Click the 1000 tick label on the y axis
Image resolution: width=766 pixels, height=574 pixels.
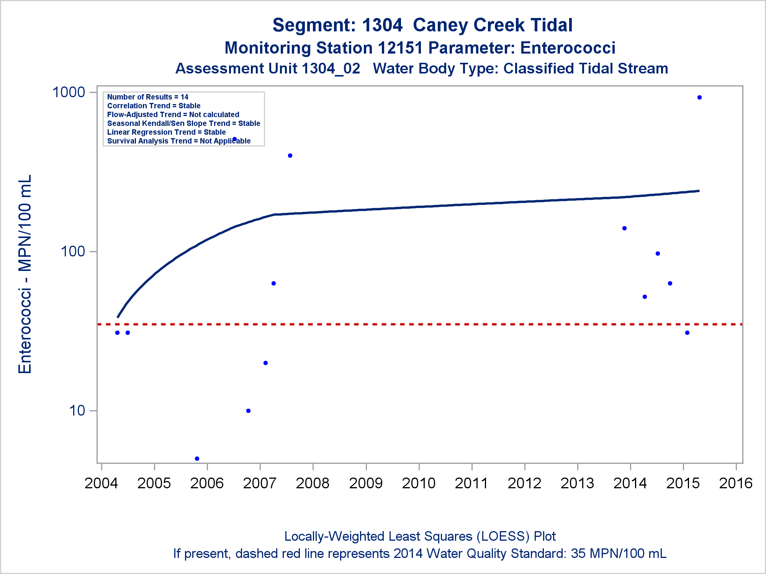click(69, 92)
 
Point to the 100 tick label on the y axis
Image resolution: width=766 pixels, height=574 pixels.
click(73, 251)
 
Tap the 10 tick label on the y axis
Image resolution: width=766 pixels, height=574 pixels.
click(77, 411)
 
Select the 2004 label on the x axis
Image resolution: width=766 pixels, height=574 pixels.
click(101, 483)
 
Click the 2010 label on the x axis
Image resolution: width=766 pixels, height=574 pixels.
click(419, 483)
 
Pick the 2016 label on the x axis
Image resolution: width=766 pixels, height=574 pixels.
click(736, 483)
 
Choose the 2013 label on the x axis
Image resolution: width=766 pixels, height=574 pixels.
click(577, 483)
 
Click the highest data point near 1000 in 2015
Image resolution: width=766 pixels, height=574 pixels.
click(699, 98)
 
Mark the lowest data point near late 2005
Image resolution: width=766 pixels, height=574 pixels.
click(197, 458)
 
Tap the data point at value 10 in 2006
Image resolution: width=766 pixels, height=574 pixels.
click(248, 411)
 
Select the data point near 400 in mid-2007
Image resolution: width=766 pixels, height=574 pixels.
click(290, 155)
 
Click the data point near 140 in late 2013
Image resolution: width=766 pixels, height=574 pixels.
click(624, 228)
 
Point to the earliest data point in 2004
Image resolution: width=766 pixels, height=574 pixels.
click(117, 333)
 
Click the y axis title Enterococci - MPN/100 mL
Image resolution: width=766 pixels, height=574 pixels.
click(25, 274)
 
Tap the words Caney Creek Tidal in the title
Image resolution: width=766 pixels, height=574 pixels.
click(493, 25)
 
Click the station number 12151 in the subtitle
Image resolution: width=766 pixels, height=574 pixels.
click(400, 48)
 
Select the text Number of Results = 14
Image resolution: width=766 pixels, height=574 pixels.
click(148, 97)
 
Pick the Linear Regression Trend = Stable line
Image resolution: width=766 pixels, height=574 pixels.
click(167, 132)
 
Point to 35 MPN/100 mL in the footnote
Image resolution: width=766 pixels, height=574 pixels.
click(619, 553)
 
